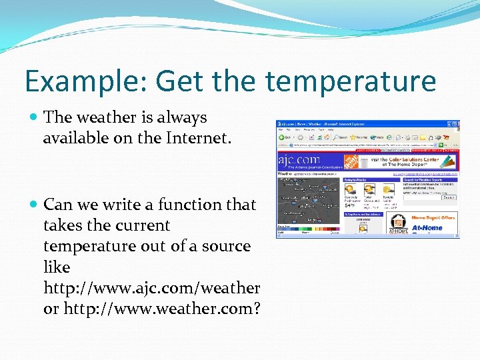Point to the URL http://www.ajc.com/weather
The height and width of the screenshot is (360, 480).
[151, 288]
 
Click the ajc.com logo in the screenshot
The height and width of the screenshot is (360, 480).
[299, 161]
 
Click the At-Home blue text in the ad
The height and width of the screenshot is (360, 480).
[427, 227]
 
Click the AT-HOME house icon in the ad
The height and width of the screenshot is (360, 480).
[398, 223]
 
